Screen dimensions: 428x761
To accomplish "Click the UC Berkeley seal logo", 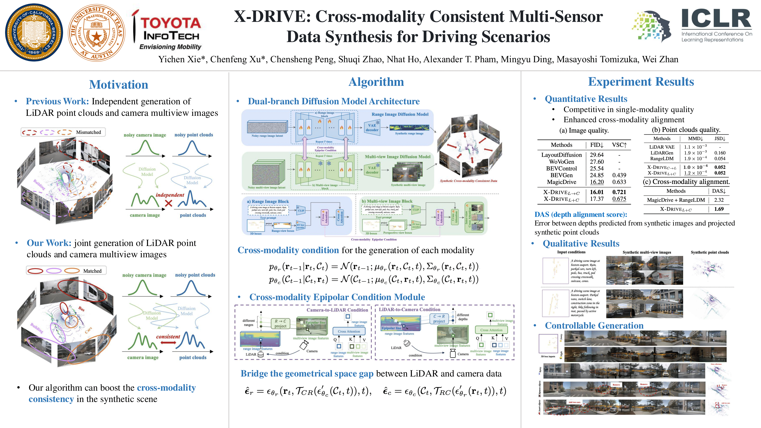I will [34, 32].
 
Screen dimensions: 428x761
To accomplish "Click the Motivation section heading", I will [119, 85].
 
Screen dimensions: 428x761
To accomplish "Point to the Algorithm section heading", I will [376, 82].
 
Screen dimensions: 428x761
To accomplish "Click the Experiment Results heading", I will [641, 82].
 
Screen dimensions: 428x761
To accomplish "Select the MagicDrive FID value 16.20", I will [596, 182].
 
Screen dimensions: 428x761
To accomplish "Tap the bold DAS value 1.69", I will [719, 209].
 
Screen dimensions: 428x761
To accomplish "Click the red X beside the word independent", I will [168, 203].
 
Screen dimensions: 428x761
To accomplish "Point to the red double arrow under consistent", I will [168, 342].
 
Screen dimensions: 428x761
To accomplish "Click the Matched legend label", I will [92, 271].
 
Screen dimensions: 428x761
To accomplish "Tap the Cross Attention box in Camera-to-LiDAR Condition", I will [349, 331].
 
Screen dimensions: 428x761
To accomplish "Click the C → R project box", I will [439, 319].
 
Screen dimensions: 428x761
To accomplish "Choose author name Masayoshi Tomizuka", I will [597, 60].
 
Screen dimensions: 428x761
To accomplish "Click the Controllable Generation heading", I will [594, 326].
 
